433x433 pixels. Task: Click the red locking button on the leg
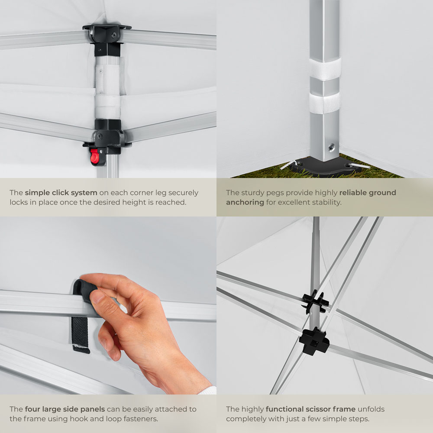coord(94,157)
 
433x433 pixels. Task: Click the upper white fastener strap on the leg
coord(325,68)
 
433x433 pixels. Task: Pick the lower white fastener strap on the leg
coord(325,103)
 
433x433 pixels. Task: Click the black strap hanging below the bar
coord(81,335)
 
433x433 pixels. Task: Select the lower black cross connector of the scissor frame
coord(314,342)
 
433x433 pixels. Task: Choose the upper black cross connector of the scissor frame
coord(315,302)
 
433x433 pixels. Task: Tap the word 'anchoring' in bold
coord(245,202)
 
